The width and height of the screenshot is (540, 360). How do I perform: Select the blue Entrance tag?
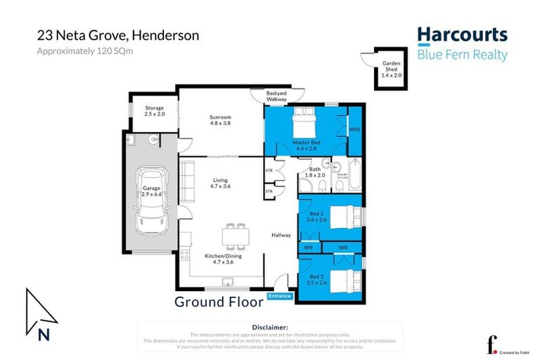coord(279,296)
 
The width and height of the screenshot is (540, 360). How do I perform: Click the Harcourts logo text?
coord(462,35)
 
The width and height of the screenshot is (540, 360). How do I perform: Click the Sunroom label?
coord(220,120)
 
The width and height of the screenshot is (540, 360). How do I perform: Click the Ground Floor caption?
coord(219,302)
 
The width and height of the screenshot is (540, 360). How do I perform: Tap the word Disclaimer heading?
coord(270,327)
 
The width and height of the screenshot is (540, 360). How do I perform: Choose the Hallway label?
coord(282,235)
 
